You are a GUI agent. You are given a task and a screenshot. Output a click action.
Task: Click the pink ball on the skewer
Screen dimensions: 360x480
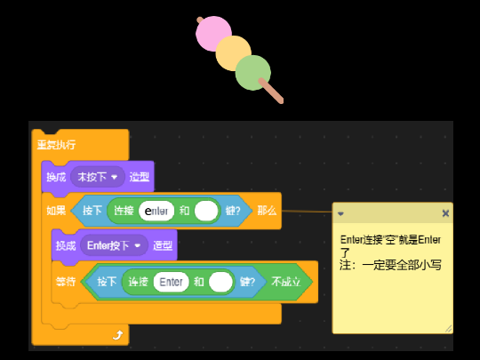click(213, 34)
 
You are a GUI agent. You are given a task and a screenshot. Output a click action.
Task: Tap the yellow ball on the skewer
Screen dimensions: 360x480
click(233, 53)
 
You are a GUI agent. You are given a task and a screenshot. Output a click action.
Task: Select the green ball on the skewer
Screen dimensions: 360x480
click(252, 72)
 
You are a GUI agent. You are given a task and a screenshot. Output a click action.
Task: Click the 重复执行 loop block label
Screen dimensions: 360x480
click(56, 144)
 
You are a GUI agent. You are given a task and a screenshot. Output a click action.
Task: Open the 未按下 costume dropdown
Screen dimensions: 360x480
click(98, 177)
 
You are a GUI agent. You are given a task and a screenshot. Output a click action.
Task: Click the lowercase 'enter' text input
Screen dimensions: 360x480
click(156, 211)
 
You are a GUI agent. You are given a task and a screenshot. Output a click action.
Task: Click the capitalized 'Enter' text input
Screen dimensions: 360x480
click(171, 282)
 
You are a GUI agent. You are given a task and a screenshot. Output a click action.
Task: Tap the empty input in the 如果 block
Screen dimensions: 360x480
click(206, 211)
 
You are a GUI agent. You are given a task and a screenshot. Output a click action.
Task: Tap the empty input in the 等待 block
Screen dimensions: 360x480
click(220, 282)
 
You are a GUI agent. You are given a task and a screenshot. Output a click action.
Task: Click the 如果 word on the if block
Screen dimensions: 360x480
click(56, 211)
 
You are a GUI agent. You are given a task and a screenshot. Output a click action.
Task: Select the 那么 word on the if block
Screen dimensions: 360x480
click(267, 211)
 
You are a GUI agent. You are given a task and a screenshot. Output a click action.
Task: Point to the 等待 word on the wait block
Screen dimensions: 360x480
click(66, 282)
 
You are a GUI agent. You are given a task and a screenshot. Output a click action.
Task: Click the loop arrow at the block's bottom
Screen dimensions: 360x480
click(117, 334)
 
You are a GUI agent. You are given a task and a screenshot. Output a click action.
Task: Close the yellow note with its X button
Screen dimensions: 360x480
click(445, 213)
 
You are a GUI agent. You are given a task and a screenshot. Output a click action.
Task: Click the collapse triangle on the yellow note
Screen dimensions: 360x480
click(340, 213)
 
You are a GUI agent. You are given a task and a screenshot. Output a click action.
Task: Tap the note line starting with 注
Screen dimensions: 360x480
click(391, 265)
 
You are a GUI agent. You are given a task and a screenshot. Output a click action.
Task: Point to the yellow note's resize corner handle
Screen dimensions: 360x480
click(448, 329)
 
